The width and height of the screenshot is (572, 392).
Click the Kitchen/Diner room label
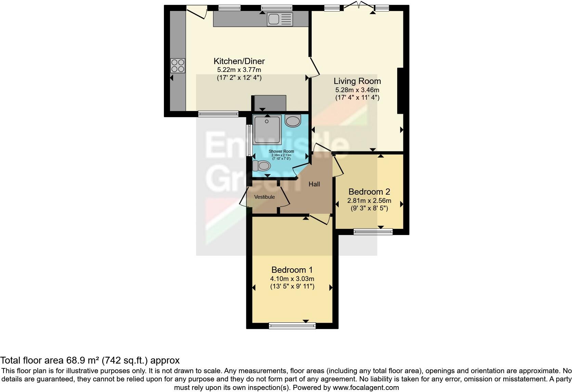click(x=239, y=61)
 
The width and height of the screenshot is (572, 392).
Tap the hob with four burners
click(x=178, y=66)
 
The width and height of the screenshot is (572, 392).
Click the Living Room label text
click(x=357, y=81)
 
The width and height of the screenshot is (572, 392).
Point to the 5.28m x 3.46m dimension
click(x=357, y=90)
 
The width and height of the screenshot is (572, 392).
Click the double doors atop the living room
click(x=357, y=6)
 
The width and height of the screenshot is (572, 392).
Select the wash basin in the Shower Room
click(x=292, y=121)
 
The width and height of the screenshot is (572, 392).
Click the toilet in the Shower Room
click(x=262, y=166)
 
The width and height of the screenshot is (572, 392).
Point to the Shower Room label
click(x=281, y=151)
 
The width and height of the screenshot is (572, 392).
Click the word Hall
click(x=314, y=184)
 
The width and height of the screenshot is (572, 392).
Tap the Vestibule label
click(x=264, y=197)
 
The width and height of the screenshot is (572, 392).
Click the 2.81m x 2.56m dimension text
click(x=369, y=201)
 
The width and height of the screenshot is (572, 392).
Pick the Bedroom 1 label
click(x=292, y=270)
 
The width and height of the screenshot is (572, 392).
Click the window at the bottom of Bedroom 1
click(x=292, y=326)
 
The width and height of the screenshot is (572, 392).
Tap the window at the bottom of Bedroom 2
click(x=373, y=232)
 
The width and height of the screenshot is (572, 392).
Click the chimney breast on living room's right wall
click(x=400, y=91)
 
